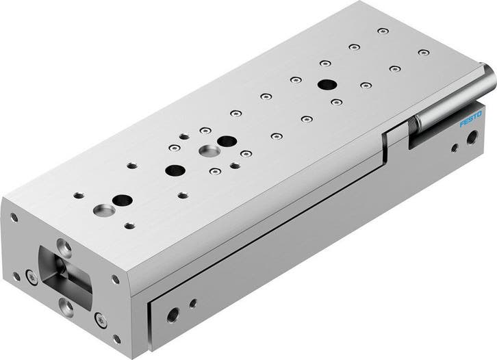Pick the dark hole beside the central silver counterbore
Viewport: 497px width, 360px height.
tap(225, 140)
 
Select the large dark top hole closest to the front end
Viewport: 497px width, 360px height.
tap(123, 201)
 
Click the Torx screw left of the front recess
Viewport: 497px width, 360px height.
tap(30, 277)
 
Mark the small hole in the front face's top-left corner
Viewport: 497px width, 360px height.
tap(13, 217)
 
